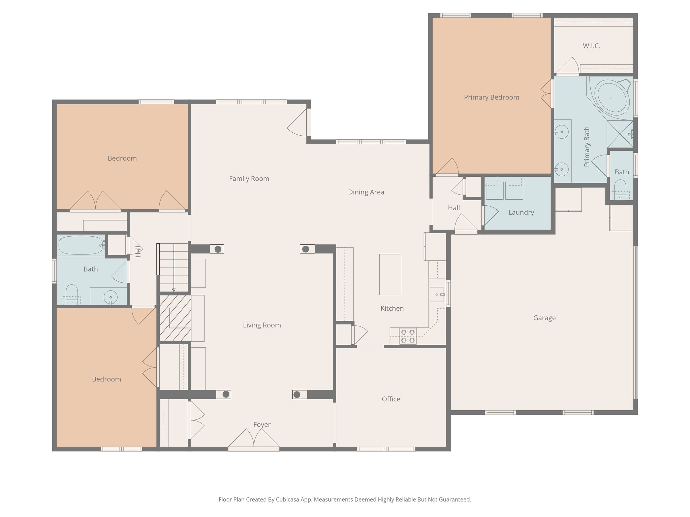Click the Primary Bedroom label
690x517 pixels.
[x=491, y=97]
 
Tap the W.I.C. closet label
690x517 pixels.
[x=591, y=46]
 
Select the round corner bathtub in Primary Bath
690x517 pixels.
[x=611, y=97]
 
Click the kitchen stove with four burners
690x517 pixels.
[x=408, y=336]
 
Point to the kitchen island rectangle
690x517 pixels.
[x=390, y=274]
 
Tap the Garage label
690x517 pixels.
[x=544, y=318]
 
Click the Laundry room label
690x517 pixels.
[x=521, y=212]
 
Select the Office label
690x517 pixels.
[x=391, y=399]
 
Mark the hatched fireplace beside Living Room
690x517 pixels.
[x=175, y=318]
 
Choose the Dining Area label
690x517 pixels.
[x=366, y=192]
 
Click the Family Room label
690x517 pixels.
[x=249, y=179]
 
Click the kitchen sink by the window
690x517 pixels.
[x=437, y=295]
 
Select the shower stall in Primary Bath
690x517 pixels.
[x=620, y=134]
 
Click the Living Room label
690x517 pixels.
[x=262, y=325]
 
